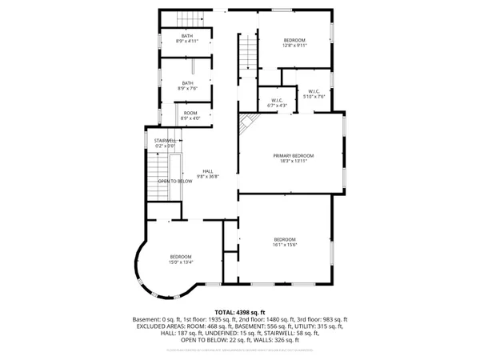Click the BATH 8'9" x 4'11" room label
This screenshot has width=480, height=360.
coord(187,38)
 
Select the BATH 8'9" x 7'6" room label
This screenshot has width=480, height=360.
coord(187,86)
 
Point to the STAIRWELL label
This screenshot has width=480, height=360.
coord(165,143)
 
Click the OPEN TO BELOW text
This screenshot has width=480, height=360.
coord(174,182)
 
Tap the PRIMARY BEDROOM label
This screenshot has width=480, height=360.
coord(293,158)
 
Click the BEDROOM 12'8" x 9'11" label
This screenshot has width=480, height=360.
coord(294,42)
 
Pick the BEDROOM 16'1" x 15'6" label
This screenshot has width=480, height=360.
coord(285,242)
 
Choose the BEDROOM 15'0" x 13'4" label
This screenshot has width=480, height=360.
coord(180,259)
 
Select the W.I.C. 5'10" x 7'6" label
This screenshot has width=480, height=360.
coord(313,94)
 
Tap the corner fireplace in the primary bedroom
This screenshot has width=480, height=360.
coord(248,122)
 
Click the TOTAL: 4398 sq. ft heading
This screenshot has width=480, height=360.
coord(239,312)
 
